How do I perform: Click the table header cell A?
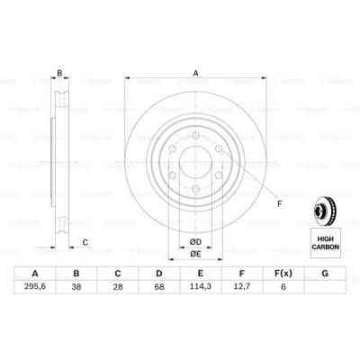34,274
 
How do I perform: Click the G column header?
324,274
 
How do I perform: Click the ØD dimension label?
194,239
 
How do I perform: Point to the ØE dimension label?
194,254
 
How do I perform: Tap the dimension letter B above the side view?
59,74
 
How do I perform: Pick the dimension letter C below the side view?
85,240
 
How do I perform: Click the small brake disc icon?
325,211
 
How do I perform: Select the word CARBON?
325,245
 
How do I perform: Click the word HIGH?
325,236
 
